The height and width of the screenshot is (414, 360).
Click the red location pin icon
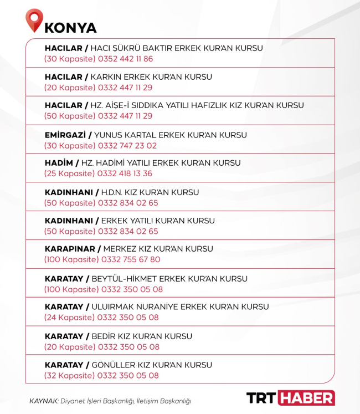(x=34, y=20)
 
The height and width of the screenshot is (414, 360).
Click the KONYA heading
(x=70, y=28)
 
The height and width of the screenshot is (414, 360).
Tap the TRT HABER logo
(x=290, y=397)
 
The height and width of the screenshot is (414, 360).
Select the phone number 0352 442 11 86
(x=125, y=59)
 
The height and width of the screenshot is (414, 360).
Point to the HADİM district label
(x=59, y=163)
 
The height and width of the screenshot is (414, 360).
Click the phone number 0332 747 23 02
(x=127, y=146)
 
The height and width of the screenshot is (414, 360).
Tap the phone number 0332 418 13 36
(x=125, y=173)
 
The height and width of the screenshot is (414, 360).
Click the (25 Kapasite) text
(x=70, y=173)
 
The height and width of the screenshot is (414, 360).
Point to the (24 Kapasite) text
(x=69, y=318)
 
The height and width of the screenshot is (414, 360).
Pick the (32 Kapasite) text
(x=70, y=375)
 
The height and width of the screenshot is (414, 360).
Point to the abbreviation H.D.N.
(x=111, y=192)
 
